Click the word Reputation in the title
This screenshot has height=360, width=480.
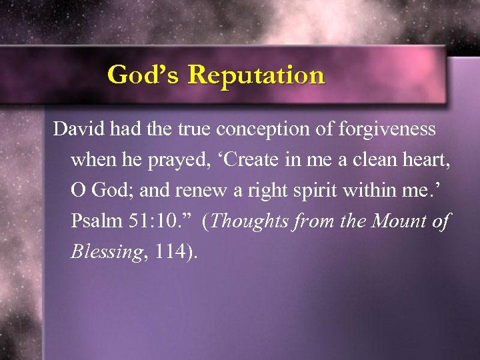[x=256, y=75]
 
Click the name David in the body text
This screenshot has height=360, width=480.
[x=75, y=129]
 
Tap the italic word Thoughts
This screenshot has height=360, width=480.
[x=249, y=221]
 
